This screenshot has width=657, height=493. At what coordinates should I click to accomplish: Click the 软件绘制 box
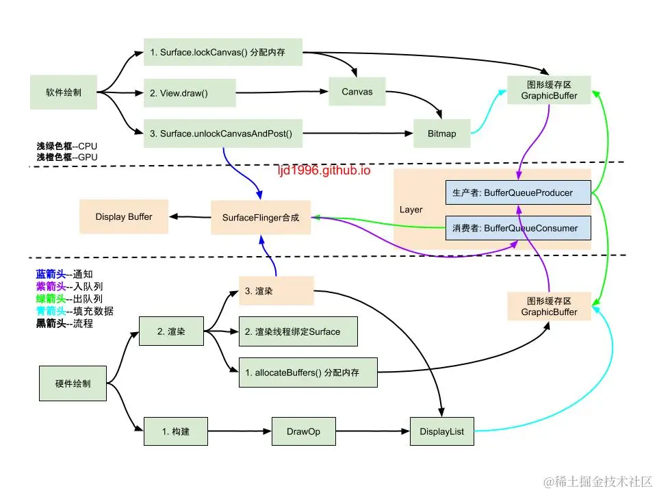coord(64,92)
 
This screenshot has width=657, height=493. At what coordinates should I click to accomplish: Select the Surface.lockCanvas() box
coord(223,52)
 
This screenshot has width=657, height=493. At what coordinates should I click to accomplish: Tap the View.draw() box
coord(190,92)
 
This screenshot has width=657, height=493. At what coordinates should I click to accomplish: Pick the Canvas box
coord(357,92)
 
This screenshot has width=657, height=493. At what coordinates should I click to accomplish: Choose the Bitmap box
coord(442,134)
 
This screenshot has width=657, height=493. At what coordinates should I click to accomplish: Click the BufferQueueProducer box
coord(517,193)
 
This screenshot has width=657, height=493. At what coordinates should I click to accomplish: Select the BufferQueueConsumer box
coord(517,228)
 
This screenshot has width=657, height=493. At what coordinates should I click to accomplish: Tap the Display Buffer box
coord(124,217)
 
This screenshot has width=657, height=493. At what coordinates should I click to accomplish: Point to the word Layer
coord(411,210)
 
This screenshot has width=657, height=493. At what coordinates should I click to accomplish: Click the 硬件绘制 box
coord(72,383)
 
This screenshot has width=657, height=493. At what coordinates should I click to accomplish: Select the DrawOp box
coord(303,431)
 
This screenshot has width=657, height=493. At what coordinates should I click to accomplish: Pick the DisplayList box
coord(441,431)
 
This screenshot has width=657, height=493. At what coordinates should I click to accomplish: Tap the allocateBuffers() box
coord(308,372)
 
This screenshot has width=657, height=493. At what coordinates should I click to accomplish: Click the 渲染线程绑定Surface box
coord(298,331)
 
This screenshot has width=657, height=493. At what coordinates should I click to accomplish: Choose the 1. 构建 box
coord(176,431)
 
